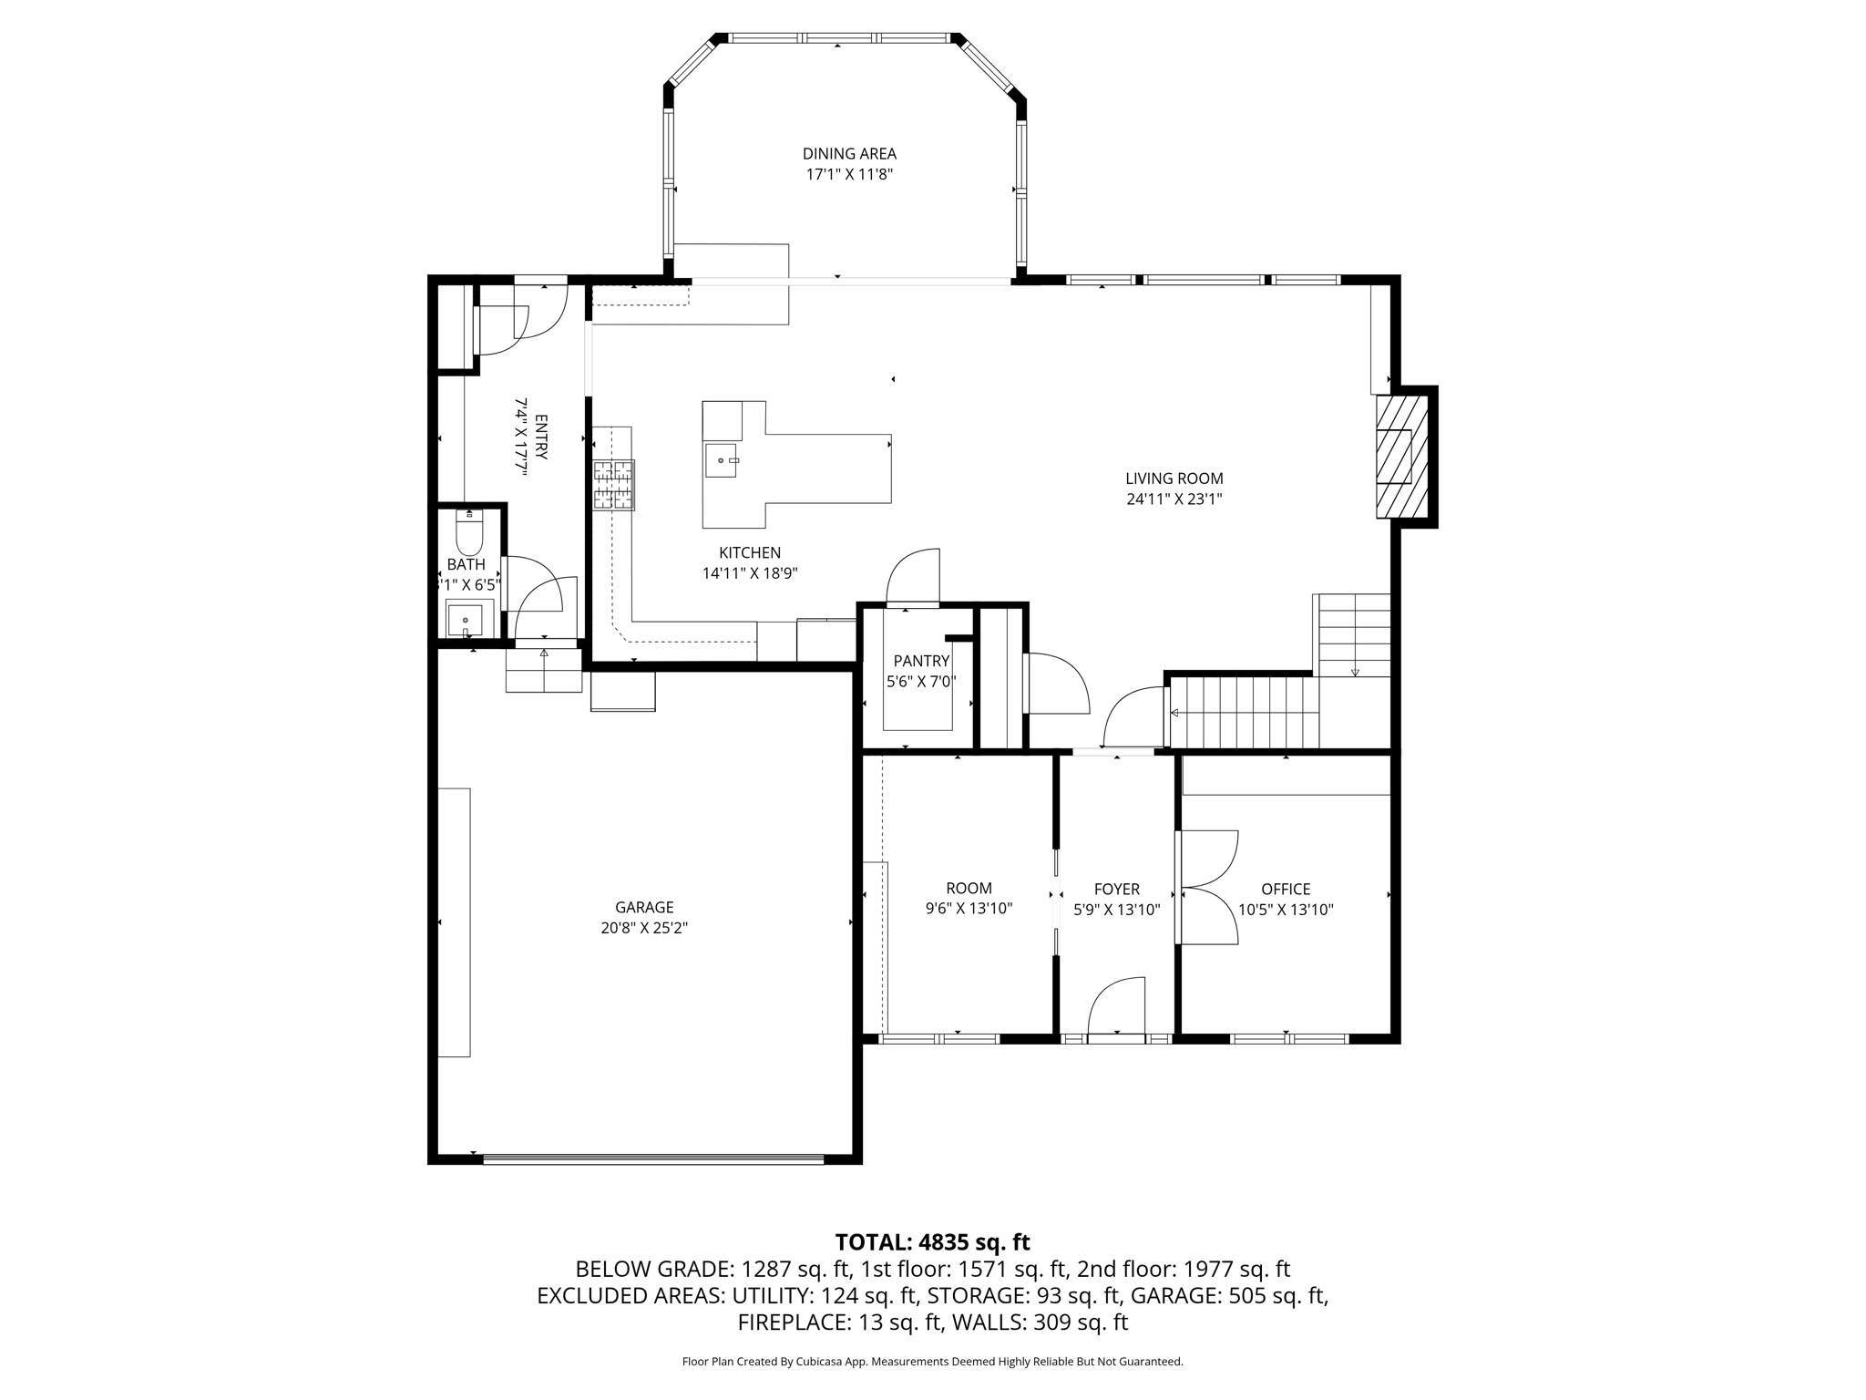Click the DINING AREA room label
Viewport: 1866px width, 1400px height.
coord(849,154)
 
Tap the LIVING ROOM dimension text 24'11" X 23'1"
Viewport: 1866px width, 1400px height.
coord(1174,499)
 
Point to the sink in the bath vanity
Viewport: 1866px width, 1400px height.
coord(466,621)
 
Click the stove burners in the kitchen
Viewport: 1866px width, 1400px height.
coord(614,485)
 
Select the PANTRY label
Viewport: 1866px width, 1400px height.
coord(921,661)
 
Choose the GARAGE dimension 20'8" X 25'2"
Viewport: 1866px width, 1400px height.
coord(644,928)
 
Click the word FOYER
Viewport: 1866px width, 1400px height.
coord(1117,889)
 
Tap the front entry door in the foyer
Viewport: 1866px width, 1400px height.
coord(1116,1008)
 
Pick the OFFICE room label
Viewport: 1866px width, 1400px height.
coord(1286,889)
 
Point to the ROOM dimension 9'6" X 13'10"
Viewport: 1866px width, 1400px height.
coord(969,909)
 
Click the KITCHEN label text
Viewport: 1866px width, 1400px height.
coord(750,552)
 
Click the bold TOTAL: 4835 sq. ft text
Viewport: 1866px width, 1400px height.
coord(932,1242)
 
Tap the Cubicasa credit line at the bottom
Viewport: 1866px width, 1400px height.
coord(932,1362)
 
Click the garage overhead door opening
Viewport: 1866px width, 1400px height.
coord(652,1159)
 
